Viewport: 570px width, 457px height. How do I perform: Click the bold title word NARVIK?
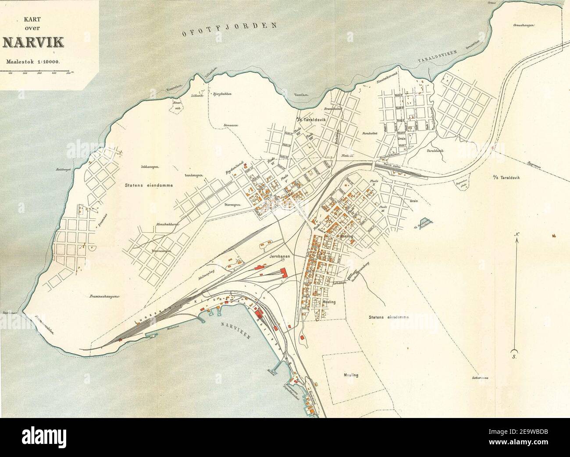pyautogui.click(x=33, y=42)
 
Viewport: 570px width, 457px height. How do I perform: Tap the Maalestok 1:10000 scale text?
pyautogui.click(x=33, y=61)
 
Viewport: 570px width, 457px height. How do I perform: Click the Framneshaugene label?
pyautogui.click(x=102, y=297)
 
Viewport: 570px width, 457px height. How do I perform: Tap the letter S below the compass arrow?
pyautogui.click(x=516, y=357)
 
